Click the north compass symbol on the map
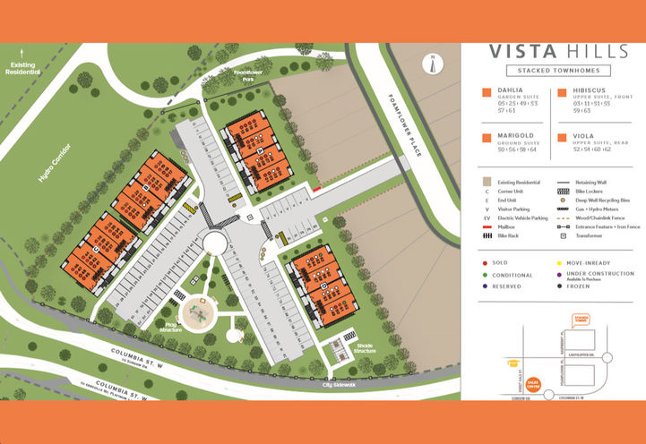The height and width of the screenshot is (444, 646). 433,63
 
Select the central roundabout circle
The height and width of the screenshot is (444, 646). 215,242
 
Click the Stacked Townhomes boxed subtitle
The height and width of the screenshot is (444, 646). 552,71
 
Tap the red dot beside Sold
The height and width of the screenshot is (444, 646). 485,262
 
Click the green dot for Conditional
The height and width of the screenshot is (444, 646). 485,275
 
